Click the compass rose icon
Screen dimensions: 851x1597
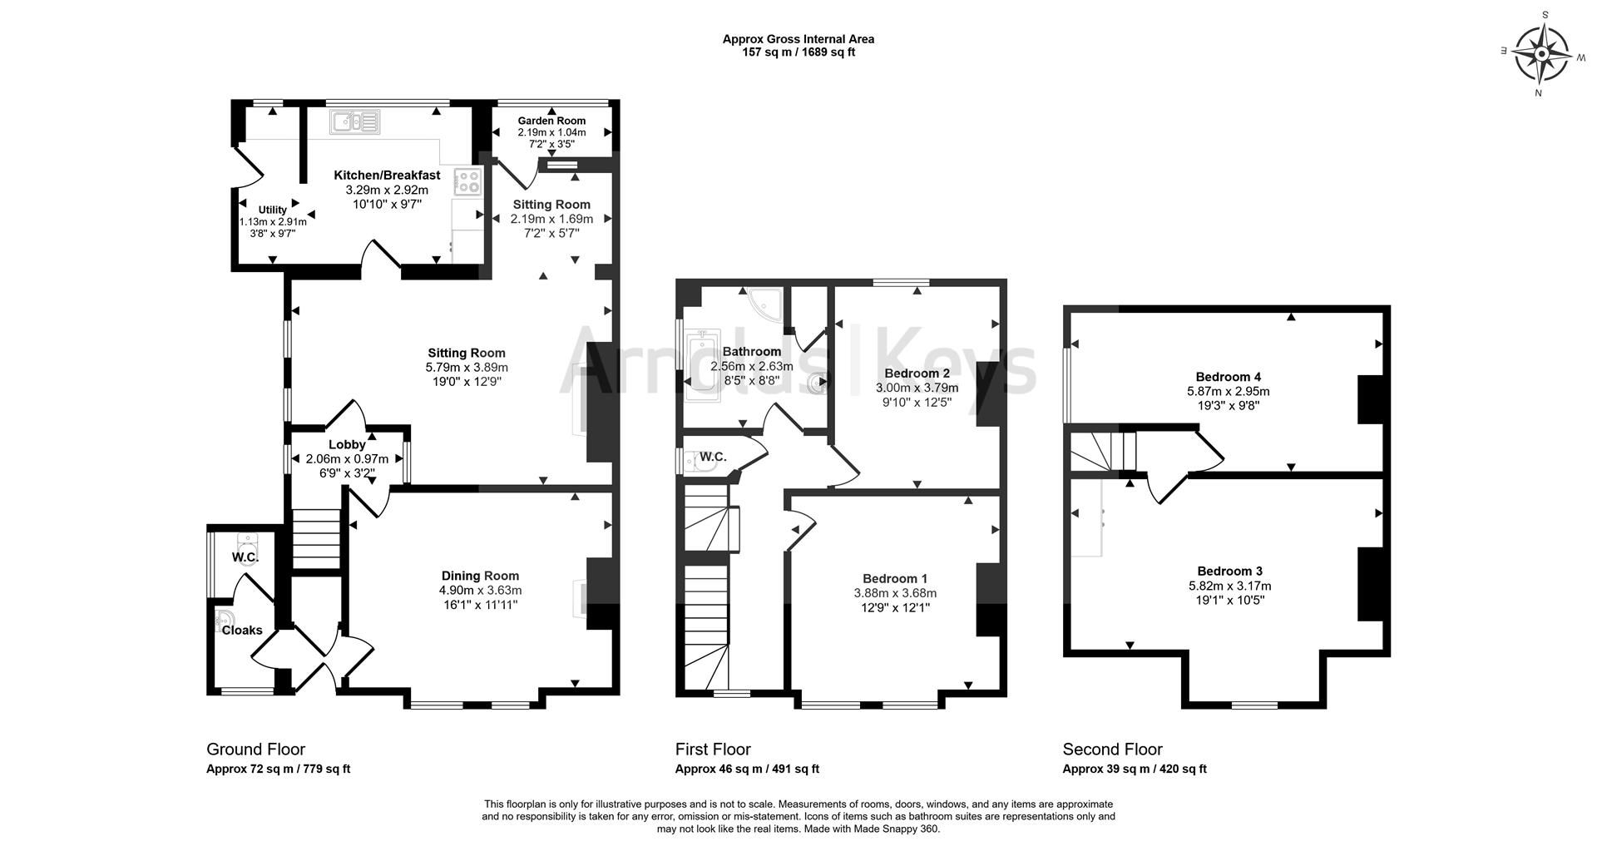(x=1541, y=54)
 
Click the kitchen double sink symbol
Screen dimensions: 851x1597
(x=355, y=122)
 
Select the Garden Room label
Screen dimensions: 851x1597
(x=551, y=121)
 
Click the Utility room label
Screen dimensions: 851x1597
(x=272, y=210)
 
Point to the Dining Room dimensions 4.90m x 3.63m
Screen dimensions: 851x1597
(x=480, y=591)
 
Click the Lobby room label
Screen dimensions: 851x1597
(x=347, y=445)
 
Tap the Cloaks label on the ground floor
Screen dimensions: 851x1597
(x=242, y=631)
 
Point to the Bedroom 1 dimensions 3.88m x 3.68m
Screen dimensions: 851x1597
(x=895, y=593)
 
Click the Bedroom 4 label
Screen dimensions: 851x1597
(x=1228, y=377)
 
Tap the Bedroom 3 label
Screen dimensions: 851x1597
(x=1229, y=571)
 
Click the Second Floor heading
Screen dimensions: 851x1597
(x=1112, y=750)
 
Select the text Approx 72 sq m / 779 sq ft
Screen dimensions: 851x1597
(x=278, y=769)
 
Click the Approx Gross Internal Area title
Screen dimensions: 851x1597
(x=798, y=39)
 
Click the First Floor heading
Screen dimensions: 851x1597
(x=713, y=750)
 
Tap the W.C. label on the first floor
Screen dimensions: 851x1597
(x=713, y=457)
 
